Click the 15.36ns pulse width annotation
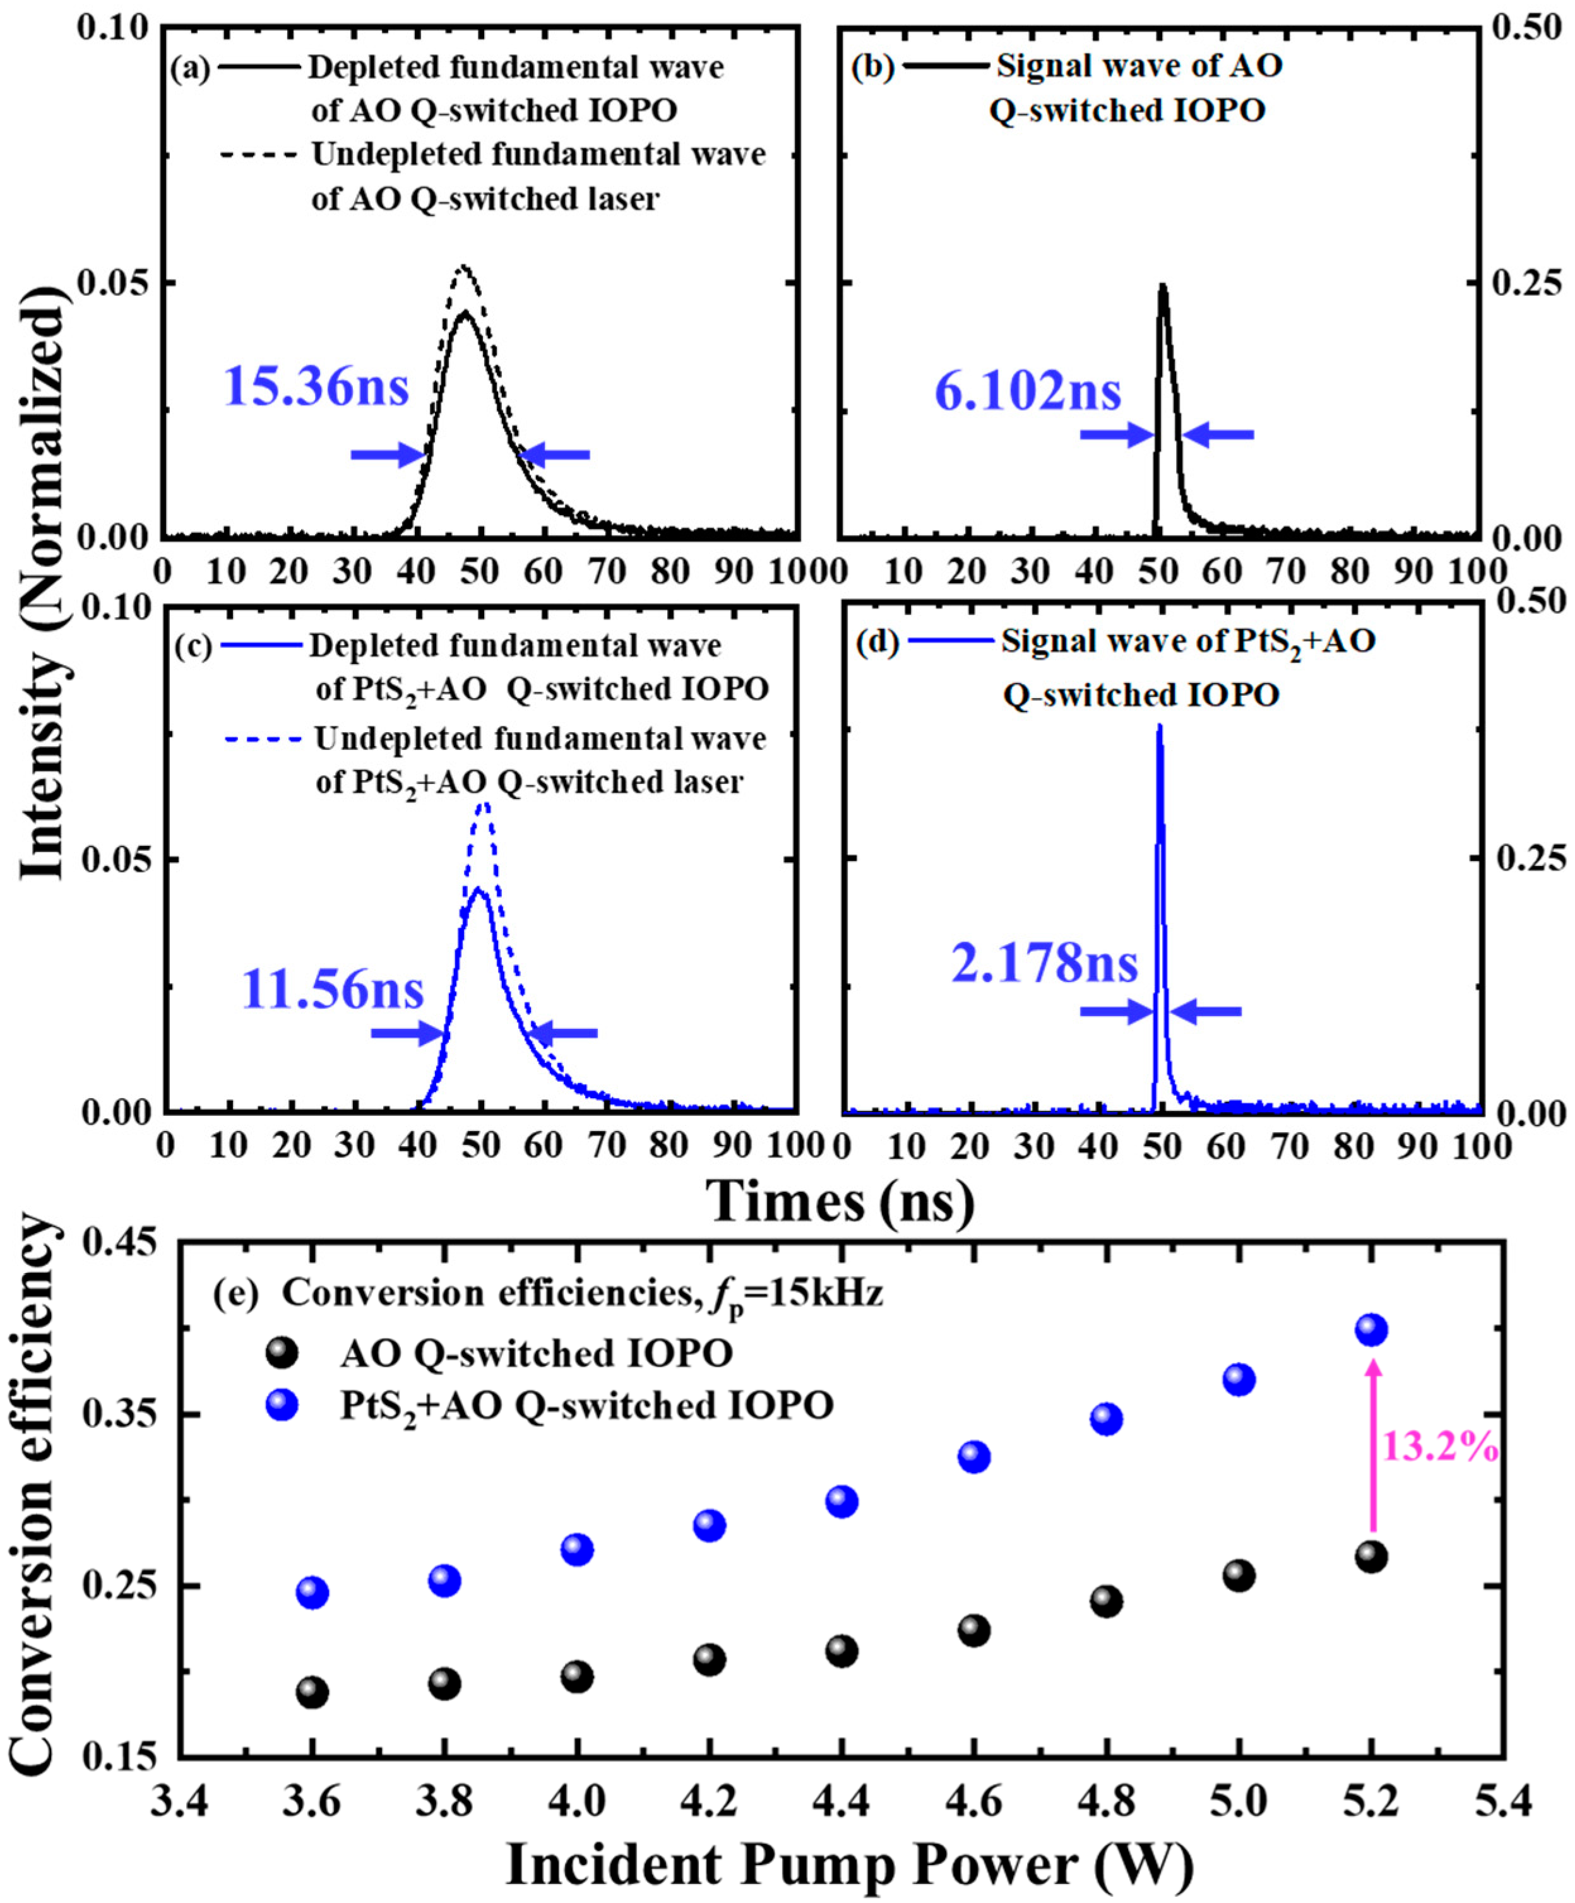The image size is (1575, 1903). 316,387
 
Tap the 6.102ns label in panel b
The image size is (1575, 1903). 1028,393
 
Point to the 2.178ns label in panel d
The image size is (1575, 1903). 1044,963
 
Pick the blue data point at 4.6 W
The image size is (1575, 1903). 973,1457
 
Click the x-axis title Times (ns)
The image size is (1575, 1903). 840,1202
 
